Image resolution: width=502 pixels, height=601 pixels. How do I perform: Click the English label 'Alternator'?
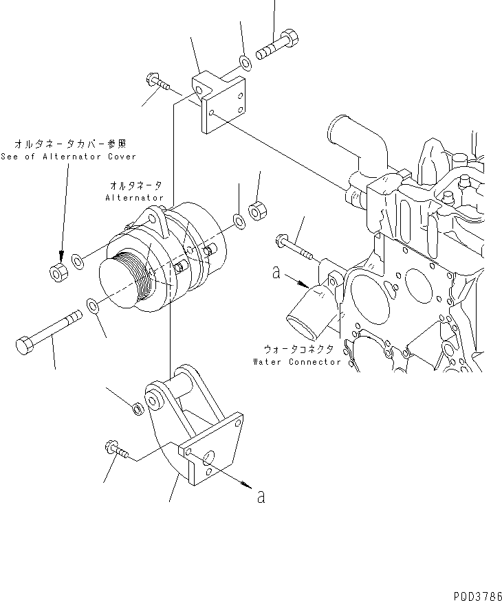[x=135, y=198]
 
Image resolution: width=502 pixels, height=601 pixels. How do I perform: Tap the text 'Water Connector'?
[x=296, y=361]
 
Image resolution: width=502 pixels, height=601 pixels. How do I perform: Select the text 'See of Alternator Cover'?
[x=68, y=157]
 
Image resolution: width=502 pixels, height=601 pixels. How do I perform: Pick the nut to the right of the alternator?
[x=257, y=209]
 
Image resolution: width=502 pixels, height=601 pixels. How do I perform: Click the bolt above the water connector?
[x=294, y=248]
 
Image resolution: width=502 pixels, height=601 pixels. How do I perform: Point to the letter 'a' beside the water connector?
[x=276, y=273]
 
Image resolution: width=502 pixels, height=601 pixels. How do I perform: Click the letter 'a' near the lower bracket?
[x=260, y=496]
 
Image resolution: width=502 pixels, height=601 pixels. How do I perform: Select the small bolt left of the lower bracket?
[x=118, y=451]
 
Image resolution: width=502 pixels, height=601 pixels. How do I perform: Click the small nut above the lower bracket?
[x=136, y=409]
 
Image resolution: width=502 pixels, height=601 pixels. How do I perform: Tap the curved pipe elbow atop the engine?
[x=349, y=142]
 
